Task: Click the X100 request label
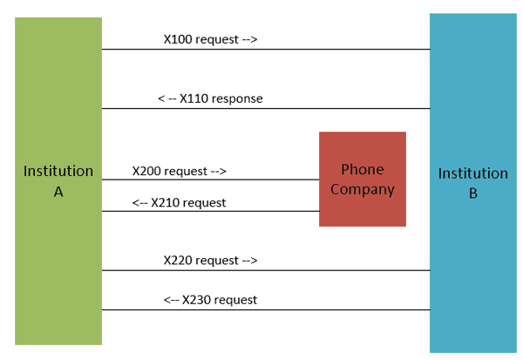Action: point(210,39)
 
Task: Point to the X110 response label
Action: point(210,98)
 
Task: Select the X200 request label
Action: point(180,171)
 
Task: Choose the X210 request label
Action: point(179,202)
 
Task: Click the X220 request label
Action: point(210,260)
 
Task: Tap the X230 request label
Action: point(210,300)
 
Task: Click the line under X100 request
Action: point(266,50)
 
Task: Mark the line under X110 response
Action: point(266,109)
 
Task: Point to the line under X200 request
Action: point(210,180)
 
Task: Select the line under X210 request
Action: point(210,211)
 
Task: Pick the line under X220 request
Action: point(266,270)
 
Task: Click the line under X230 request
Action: point(266,309)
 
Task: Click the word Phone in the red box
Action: point(362,169)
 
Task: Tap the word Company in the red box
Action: point(362,189)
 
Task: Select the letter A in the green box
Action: point(58,192)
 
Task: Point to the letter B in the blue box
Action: point(472,194)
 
